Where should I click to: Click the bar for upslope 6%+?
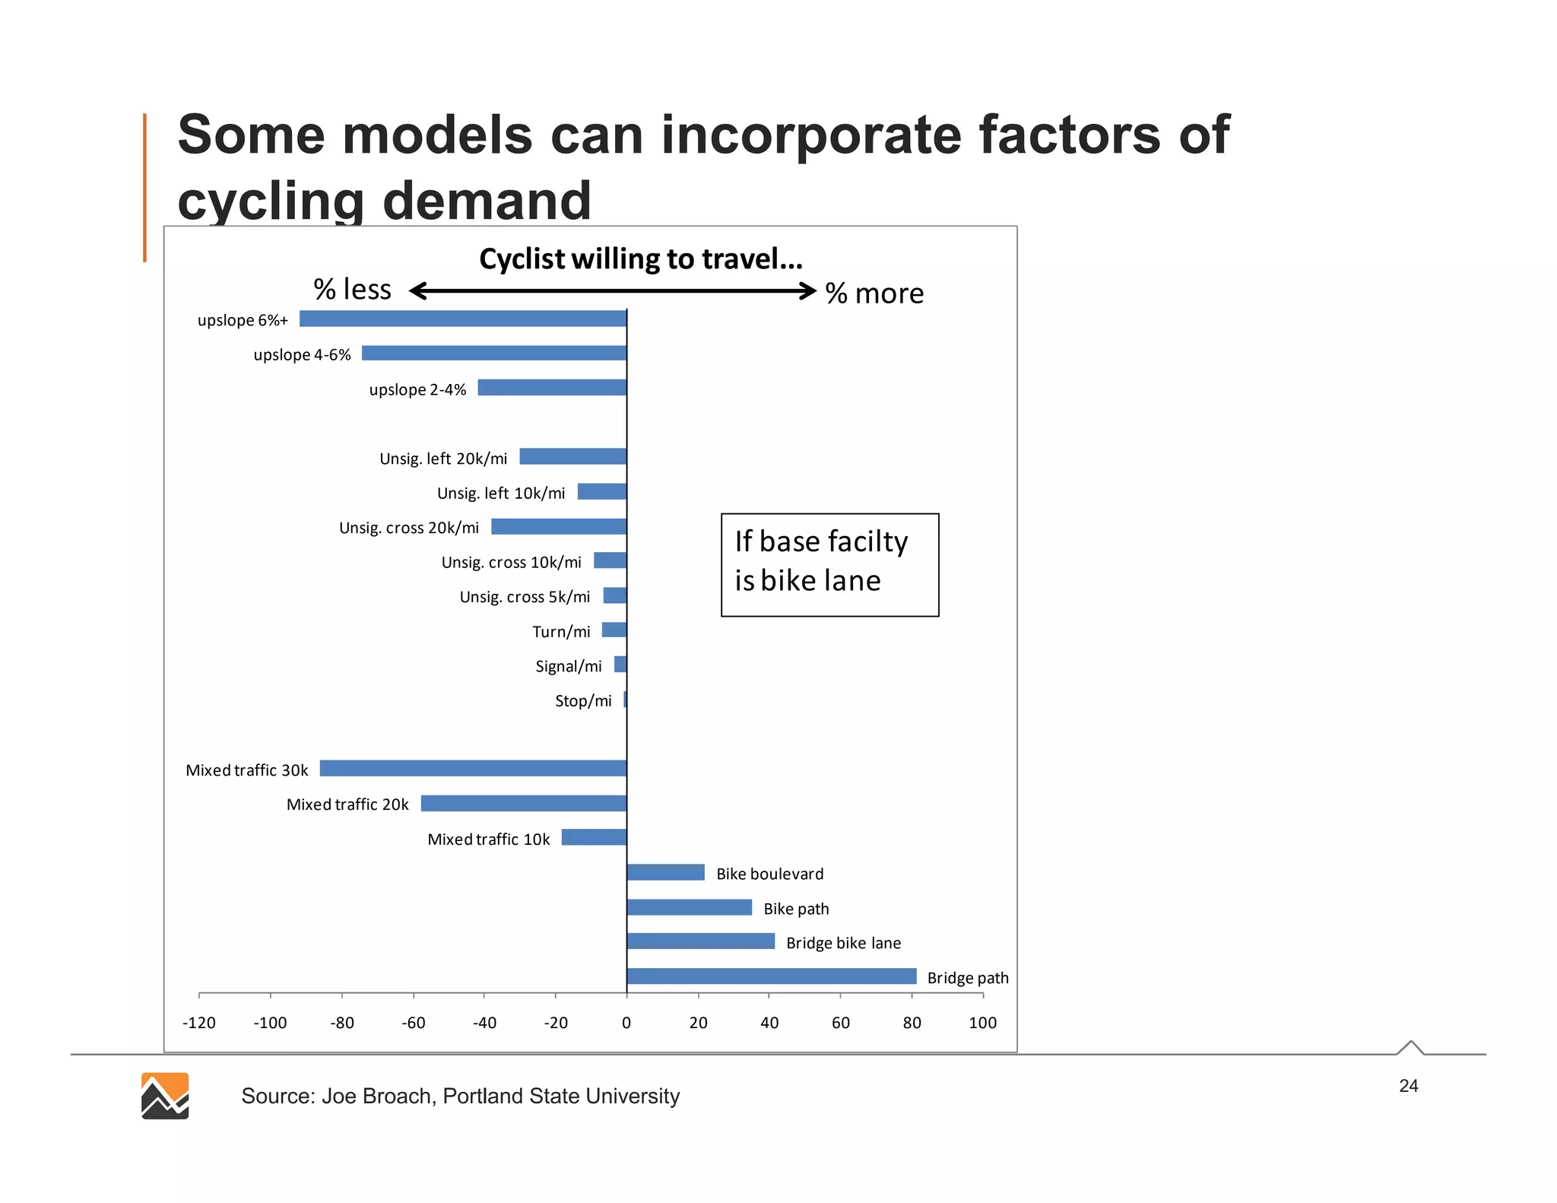tap(462, 319)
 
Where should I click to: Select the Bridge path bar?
tap(771, 976)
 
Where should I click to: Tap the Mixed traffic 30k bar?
tap(473, 768)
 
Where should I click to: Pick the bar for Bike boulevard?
tap(665, 872)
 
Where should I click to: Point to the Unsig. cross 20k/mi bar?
tap(559, 526)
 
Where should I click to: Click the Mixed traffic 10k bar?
tap(594, 837)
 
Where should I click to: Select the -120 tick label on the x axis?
tap(199, 1023)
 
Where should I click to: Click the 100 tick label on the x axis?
tap(982, 1023)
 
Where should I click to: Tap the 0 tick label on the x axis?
tap(626, 1023)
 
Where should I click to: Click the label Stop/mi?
tap(583, 701)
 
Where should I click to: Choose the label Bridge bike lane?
tap(843, 943)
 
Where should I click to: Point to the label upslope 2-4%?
tap(417, 389)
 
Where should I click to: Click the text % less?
tap(352, 290)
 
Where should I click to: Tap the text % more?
tap(874, 294)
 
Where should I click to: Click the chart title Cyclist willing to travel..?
tap(640, 259)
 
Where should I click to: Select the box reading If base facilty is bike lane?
tap(829, 564)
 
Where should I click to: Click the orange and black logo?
tap(165, 1096)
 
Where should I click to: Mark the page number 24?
tap(1408, 1086)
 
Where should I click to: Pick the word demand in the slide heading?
tap(487, 201)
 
